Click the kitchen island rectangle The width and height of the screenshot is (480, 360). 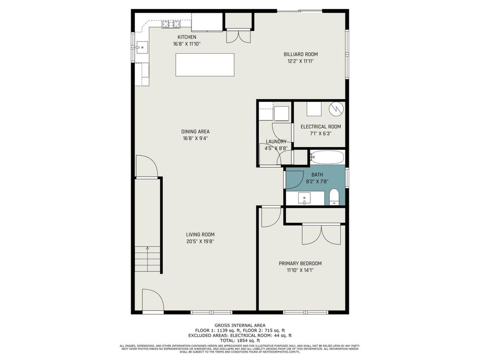point(204,65)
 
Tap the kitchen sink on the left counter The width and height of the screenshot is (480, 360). point(142,47)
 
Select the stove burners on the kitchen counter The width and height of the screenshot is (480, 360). point(171,23)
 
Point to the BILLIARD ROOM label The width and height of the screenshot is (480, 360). point(300,54)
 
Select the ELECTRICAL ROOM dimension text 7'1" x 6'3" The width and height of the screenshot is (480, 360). point(321,134)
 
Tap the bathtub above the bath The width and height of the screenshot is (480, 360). point(327,157)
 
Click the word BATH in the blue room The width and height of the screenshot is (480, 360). point(317,174)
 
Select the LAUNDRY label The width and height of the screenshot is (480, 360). point(276,141)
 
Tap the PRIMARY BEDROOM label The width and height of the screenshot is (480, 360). point(300,263)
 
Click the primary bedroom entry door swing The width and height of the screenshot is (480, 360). point(271,216)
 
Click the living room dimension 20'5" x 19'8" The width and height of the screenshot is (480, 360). point(200,241)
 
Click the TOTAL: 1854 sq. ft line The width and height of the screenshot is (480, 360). point(239,340)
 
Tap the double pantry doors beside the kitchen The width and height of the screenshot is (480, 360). point(237,36)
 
